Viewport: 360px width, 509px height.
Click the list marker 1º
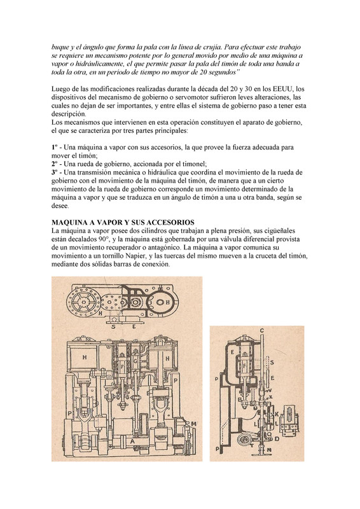55,147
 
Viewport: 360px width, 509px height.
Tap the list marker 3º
55,172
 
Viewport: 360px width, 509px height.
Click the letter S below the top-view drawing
113,327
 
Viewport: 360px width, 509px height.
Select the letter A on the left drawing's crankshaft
132,441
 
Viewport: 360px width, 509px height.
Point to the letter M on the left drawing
194,424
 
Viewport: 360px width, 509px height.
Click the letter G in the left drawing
136,360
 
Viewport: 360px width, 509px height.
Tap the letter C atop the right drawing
261,331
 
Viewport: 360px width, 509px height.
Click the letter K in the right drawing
277,415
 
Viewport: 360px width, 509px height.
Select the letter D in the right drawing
277,439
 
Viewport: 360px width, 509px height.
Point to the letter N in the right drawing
270,450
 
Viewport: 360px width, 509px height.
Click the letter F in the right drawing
245,366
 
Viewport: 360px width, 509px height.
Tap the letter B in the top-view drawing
168,302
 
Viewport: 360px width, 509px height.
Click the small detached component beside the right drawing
291,421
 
